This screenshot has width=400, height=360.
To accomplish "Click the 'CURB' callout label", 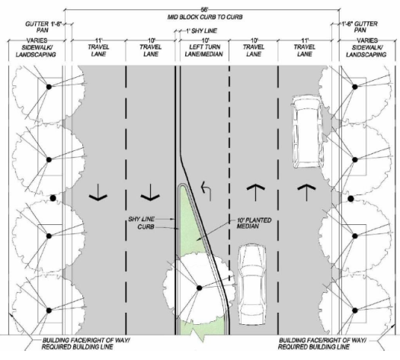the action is [x=146, y=227].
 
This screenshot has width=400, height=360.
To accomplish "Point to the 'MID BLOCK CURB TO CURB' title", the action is [x=205, y=17].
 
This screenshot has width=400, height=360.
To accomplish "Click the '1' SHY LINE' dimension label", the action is [x=201, y=31].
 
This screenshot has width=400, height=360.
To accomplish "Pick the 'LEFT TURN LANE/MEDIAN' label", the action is [x=204, y=50].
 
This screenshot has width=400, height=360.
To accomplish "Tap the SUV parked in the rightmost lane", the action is [x=308, y=132].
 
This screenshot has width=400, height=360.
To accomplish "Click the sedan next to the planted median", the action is [x=252, y=284].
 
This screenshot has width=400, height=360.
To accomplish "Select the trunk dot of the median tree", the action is [x=199, y=288].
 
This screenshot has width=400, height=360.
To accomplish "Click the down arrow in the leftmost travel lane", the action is [x=98, y=192].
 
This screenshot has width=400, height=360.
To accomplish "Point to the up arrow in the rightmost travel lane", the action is [x=306, y=192].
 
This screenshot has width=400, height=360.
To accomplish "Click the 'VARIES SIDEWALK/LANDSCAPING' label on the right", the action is [x=366, y=47].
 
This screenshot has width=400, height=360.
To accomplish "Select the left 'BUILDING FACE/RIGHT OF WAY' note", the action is [x=86, y=343].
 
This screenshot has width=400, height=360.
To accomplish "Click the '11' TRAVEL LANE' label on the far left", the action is [x=98, y=47].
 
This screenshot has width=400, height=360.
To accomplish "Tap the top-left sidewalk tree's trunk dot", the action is [x=49, y=87].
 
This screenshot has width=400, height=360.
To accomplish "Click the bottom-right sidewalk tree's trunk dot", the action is [x=354, y=310].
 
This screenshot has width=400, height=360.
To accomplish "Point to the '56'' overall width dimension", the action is [x=204, y=10].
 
